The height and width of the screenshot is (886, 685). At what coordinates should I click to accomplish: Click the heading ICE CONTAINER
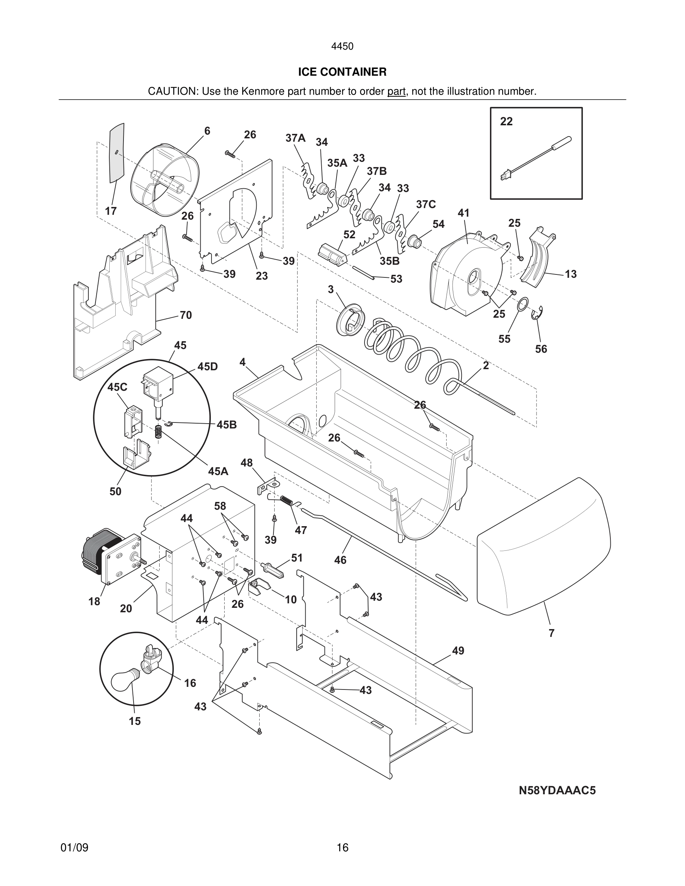tap(342, 72)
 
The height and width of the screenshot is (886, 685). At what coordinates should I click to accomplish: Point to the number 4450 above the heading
tap(342, 46)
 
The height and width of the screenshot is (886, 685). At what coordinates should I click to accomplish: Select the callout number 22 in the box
tap(506, 121)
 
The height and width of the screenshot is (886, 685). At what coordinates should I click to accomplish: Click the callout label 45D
tap(207, 367)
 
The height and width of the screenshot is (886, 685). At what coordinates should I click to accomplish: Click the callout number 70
tap(185, 315)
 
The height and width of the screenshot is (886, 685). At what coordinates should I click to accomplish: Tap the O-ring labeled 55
tap(523, 304)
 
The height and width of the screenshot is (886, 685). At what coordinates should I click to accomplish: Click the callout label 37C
tap(426, 204)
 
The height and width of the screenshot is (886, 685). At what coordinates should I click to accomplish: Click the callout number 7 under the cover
tap(551, 633)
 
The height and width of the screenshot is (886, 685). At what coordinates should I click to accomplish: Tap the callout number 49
tap(458, 651)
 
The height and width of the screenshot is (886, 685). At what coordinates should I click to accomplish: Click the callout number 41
tap(463, 213)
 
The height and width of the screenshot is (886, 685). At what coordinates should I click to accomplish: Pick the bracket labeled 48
tap(267, 486)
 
